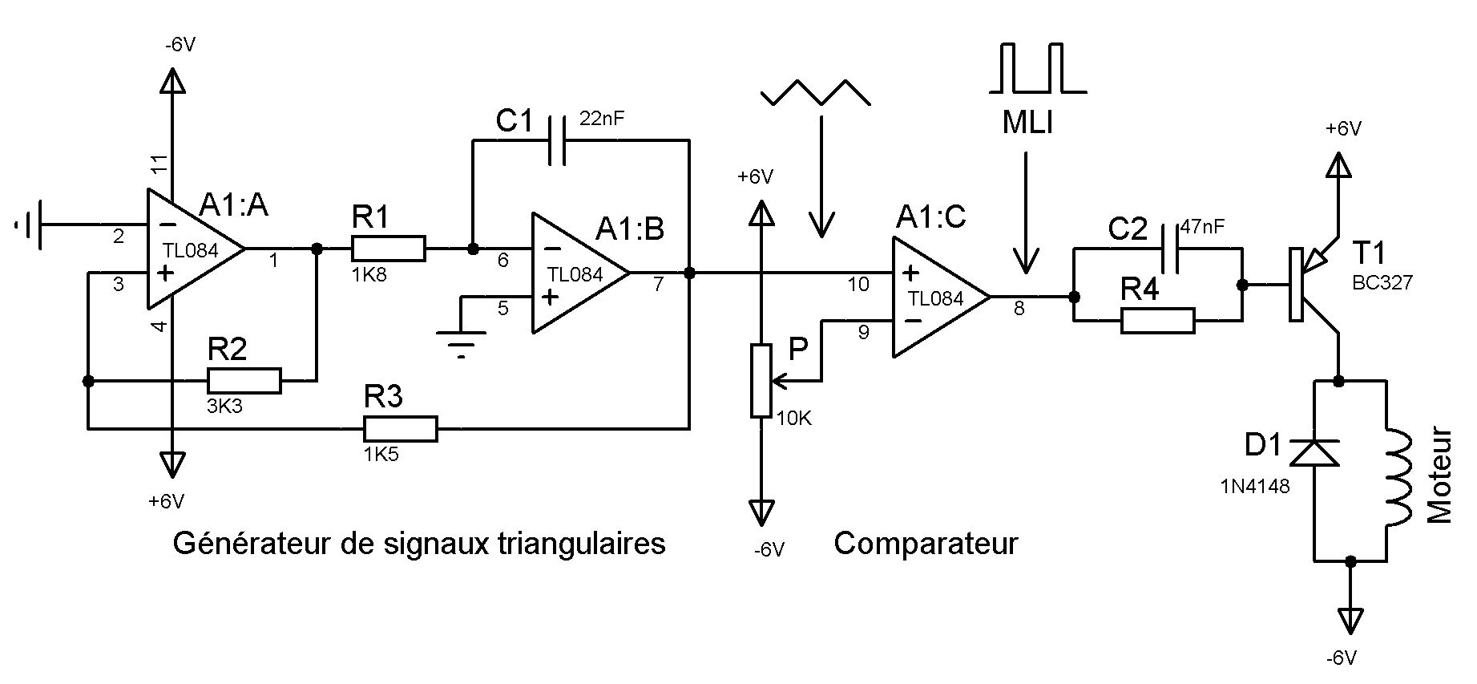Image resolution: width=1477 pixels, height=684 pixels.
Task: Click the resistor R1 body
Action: tap(388, 249)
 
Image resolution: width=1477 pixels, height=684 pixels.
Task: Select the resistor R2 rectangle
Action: tap(244, 381)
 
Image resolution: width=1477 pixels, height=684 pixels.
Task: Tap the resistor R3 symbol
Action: tap(401, 429)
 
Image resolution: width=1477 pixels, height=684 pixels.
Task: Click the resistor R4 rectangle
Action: tap(1157, 321)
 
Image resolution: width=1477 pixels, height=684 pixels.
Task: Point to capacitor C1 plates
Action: tap(559, 140)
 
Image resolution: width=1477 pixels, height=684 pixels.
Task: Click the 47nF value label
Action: tap(1202, 227)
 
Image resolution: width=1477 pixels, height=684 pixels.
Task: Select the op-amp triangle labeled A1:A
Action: tap(196, 249)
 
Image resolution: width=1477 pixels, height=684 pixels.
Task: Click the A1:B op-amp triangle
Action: tap(581, 273)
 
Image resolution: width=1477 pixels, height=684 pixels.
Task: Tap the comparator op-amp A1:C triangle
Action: tap(942, 297)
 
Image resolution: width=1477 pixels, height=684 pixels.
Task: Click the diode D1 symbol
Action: tap(1314, 452)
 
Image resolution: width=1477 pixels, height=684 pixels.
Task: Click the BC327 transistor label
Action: tap(1382, 282)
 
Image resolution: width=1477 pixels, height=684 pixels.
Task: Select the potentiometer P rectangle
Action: tap(761, 380)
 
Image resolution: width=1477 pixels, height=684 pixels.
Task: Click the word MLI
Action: tap(1027, 123)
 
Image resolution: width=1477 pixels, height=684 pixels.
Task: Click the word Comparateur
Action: tap(926, 543)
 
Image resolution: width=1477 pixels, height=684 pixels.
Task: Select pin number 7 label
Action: tap(658, 284)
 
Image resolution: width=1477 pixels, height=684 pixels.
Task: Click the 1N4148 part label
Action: tap(1255, 486)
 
